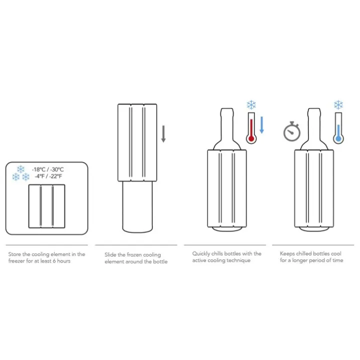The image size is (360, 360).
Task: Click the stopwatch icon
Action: coord(292,131)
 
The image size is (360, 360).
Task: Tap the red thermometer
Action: coord(251,128)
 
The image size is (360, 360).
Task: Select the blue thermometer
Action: coord(338,128)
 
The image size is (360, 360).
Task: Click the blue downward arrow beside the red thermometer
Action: coord(261,125)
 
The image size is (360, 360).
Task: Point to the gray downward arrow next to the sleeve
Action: coord(163,134)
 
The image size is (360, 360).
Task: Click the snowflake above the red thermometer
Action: coord(251,104)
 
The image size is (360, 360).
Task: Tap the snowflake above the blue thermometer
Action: coord(338,104)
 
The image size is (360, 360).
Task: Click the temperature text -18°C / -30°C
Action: coord(48,169)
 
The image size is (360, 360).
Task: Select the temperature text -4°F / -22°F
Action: coord(48,176)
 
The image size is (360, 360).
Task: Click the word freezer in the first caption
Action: coord(16,261)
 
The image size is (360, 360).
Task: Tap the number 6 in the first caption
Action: coord(54,261)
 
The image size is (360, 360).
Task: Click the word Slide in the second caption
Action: coord(110,254)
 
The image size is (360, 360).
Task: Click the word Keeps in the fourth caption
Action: coord(287,253)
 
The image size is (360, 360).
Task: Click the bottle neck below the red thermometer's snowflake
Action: coord(227,124)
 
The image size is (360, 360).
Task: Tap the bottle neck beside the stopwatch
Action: coord(314,124)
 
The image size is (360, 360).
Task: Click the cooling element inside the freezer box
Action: coord(47,206)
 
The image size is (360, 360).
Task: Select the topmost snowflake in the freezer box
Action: coord(20,169)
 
